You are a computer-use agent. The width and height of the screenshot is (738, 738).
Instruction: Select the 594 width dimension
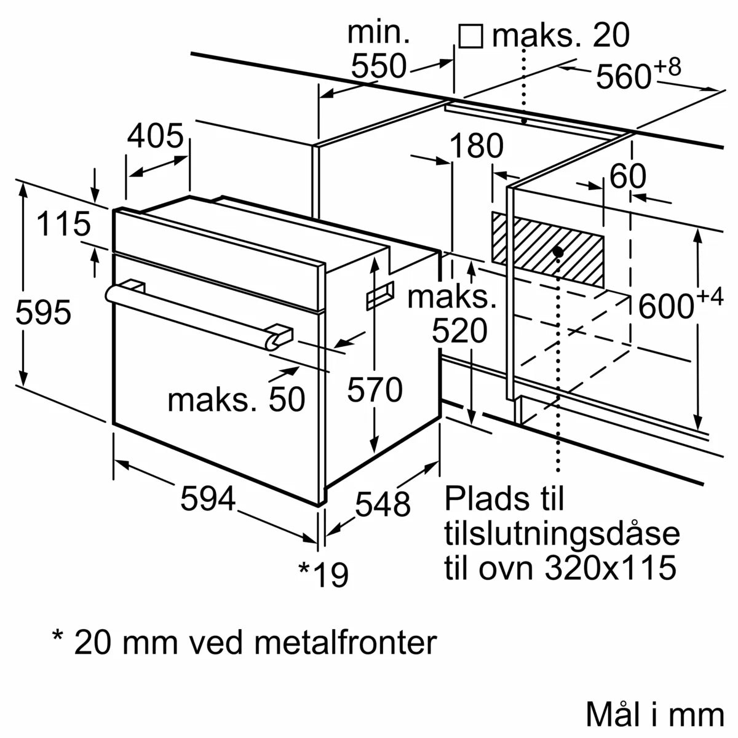click(x=208, y=498)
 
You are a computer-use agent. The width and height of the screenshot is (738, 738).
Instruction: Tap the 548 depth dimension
click(x=383, y=504)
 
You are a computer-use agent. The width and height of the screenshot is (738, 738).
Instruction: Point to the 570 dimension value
click(x=375, y=390)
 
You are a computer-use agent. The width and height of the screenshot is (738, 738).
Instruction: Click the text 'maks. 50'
click(x=236, y=400)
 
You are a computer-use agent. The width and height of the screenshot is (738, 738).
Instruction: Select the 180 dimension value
click(x=476, y=147)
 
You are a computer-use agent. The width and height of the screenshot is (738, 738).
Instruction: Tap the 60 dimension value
click(x=627, y=177)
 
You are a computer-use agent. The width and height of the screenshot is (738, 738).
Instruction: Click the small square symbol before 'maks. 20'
click(x=470, y=36)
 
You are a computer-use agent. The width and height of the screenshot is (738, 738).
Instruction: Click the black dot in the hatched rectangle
click(x=558, y=252)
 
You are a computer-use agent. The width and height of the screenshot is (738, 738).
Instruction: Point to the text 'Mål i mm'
click(x=655, y=715)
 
